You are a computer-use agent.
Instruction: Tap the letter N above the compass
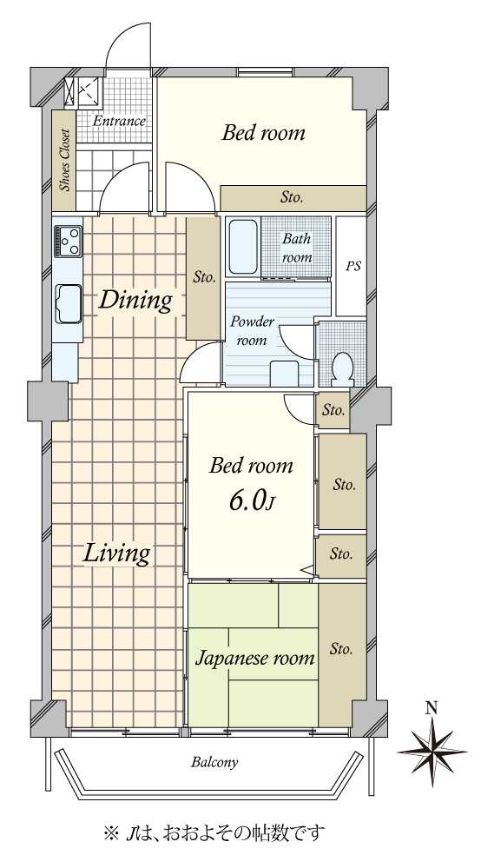coord(432,708)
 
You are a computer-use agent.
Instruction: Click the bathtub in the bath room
coord(243,247)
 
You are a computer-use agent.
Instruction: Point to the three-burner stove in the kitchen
coord(68,241)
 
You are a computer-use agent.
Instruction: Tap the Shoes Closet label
coord(65,160)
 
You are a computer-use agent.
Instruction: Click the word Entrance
coord(119,121)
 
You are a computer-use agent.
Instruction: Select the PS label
coord(353,268)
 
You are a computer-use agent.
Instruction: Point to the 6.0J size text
coord(250,501)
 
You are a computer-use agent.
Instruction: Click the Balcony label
coord(214,762)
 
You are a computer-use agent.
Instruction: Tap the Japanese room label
coord(255,659)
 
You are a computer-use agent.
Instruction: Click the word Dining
coord(135,301)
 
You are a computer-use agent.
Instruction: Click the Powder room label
coord(252,330)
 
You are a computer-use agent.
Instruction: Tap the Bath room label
coord(297,248)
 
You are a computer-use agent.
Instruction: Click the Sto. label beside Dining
coord(204,277)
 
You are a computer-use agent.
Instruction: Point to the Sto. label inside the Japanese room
coord(341,649)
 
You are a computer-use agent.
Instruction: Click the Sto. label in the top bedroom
coord(292,197)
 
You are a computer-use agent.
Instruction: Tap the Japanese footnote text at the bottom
coord(214,832)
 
